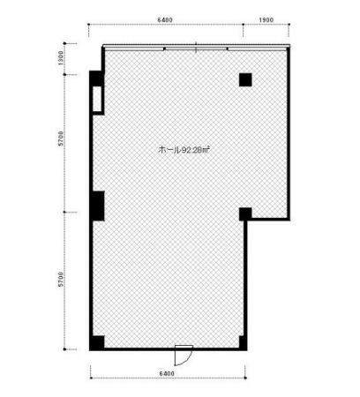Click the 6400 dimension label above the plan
tap(165, 20)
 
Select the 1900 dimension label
tap(266, 20)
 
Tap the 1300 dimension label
tap(61, 58)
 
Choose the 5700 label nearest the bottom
tap(61, 280)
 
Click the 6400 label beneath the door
tap(167, 373)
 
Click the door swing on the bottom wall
tap(184, 356)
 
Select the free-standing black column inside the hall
tap(245, 79)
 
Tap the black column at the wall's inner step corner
tap(245, 214)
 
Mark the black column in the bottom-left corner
tap(97, 342)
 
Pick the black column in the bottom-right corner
tap(243, 342)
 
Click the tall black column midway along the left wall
tap(97, 206)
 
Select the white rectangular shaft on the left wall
tap(97, 100)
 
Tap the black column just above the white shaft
tap(97, 78)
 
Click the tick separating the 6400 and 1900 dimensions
tap(244, 25)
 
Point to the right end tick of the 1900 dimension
tap(289, 25)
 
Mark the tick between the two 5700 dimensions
tap(64, 212)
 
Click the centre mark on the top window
tap(196, 48)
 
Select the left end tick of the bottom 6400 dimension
tap(91, 378)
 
